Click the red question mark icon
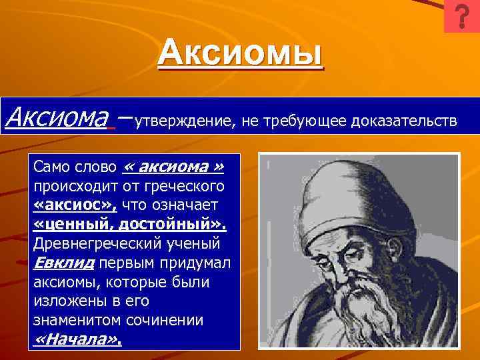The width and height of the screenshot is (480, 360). (x=461, y=17)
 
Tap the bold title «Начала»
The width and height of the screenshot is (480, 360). (x=77, y=340)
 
